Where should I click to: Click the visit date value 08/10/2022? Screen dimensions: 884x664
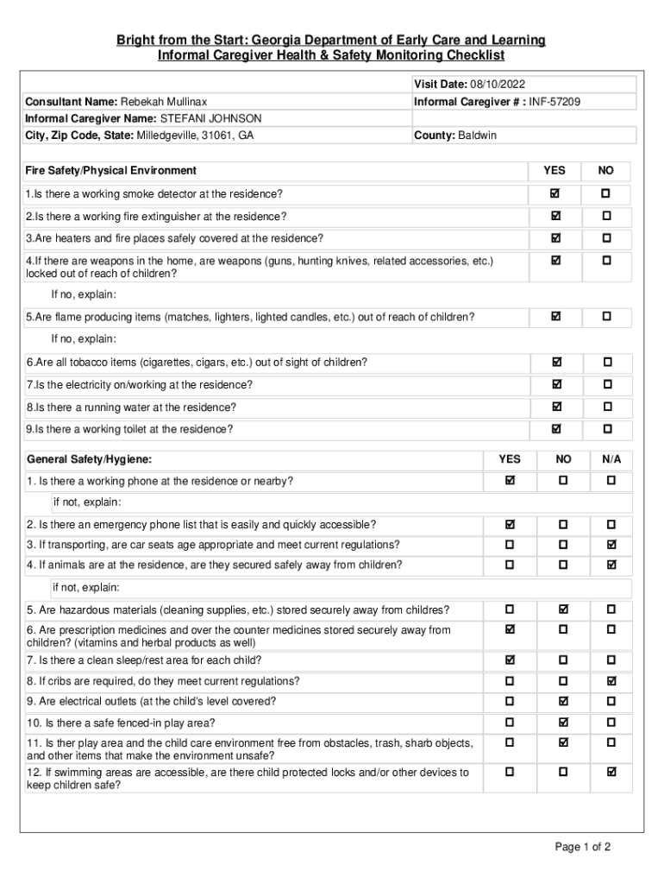498,84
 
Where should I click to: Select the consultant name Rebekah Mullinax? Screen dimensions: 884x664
163,102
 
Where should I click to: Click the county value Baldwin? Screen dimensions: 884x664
477,136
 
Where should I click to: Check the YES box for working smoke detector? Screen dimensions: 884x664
555,193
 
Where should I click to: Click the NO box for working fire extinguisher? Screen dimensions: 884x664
606,216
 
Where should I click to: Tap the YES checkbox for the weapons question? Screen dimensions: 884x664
555,261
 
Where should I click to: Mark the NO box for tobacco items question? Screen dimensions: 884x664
606,362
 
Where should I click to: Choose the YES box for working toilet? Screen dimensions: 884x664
555,429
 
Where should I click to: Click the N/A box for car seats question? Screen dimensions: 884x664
611,545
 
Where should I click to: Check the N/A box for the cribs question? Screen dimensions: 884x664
611,681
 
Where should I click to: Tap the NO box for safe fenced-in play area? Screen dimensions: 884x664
563,723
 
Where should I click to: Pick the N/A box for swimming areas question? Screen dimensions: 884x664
611,772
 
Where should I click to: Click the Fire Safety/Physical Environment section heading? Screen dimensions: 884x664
111,171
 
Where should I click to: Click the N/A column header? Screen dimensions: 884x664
611,459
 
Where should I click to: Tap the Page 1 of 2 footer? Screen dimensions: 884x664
583,847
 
